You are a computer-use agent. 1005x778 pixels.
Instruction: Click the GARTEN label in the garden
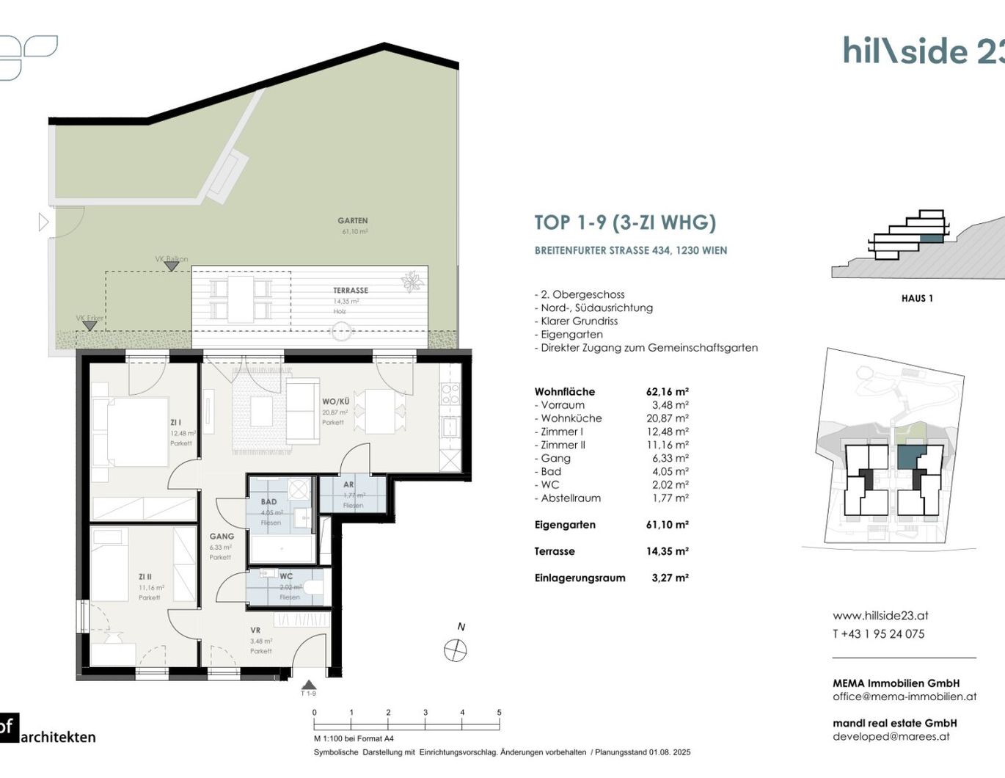click(353, 220)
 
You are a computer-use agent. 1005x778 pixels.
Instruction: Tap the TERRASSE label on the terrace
click(351, 291)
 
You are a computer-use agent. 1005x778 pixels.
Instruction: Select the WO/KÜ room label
click(335, 401)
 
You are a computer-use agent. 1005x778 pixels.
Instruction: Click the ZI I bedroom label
click(176, 423)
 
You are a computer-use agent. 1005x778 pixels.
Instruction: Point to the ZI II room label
click(145, 577)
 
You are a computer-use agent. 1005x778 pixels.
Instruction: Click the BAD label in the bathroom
click(269, 502)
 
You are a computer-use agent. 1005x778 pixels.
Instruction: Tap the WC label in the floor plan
click(286, 576)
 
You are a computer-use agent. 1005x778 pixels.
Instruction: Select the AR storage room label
click(348, 484)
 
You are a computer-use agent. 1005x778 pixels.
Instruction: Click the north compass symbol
click(456, 650)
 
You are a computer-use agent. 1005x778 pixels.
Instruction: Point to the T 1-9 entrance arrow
click(309, 684)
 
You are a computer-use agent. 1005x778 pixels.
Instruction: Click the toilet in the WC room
click(313, 588)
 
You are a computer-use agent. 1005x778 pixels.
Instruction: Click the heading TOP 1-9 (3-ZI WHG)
click(625, 222)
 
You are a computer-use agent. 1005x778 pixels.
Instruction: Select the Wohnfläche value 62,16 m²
click(667, 392)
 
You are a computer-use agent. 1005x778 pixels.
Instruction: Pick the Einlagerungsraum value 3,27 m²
click(670, 578)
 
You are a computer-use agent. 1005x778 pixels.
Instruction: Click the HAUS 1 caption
click(917, 298)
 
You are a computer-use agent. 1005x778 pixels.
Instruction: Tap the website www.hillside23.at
click(880, 616)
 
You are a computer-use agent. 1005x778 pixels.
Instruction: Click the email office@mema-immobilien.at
click(905, 697)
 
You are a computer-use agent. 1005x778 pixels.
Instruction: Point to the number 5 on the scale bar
click(499, 713)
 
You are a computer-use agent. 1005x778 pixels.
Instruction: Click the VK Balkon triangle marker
click(171, 266)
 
